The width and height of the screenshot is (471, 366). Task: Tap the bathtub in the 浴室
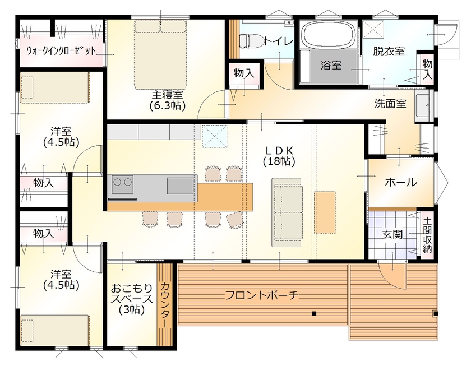(328, 35)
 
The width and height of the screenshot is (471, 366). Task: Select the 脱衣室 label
(389, 52)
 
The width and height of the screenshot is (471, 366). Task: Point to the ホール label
(400, 182)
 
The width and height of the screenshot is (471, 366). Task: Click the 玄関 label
(392, 234)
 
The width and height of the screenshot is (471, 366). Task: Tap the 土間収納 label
(427, 235)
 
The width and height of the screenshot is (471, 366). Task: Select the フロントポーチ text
(261, 295)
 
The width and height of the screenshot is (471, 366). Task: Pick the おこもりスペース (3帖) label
(131, 299)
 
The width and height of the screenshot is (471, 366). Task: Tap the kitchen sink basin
(179, 184)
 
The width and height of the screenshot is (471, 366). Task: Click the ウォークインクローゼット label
(61, 50)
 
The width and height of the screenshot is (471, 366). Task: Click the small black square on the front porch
(315, 313)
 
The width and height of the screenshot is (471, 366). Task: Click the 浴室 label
(331, 66)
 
